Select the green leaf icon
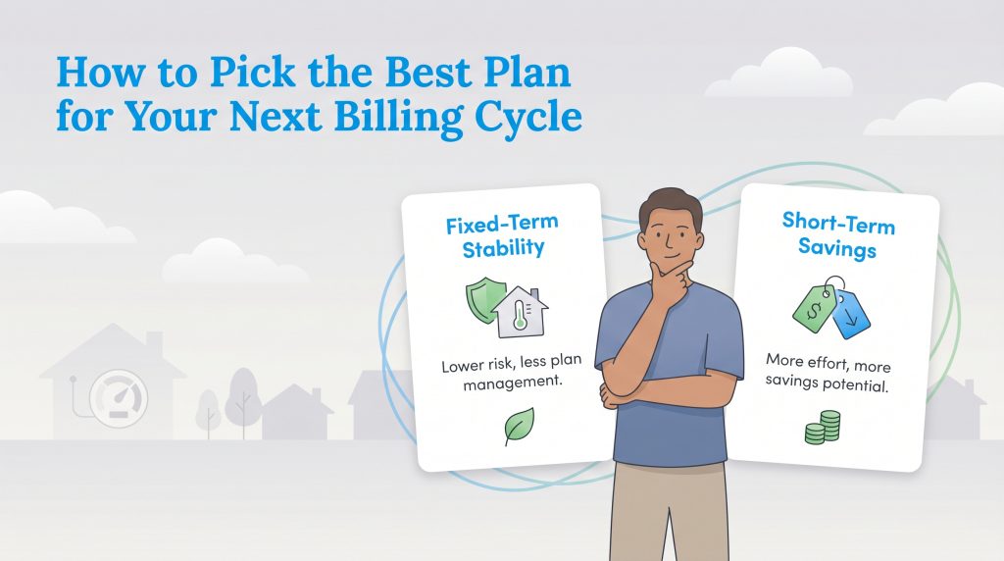pyautogui.click(x=518, y=427)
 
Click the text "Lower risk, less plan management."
pyautogui.click(x=502, y=375)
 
